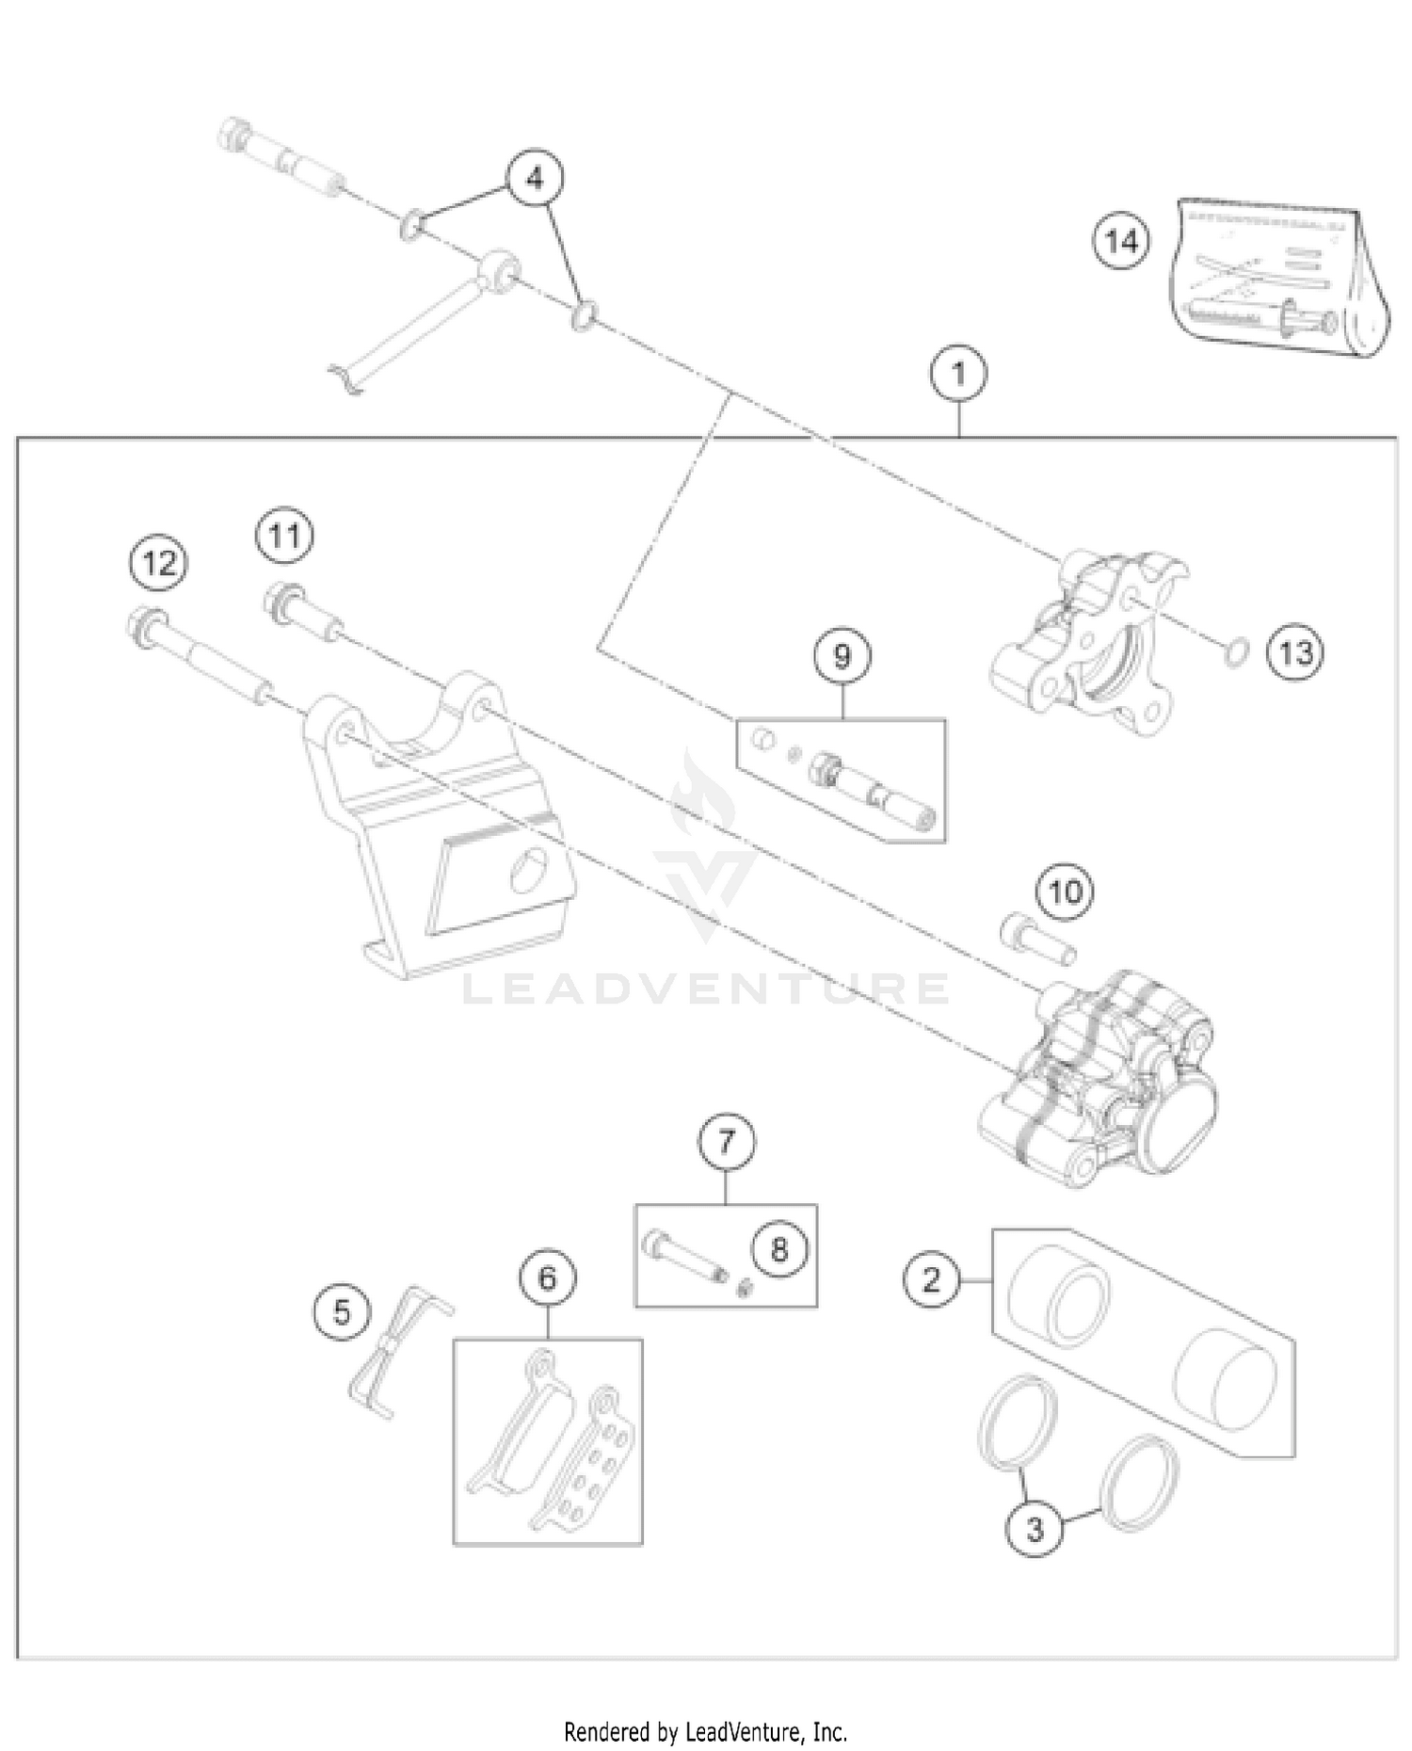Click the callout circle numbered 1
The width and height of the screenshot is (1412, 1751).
958,374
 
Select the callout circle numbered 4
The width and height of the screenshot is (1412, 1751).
535,178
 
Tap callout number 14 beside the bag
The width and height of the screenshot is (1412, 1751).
1121,242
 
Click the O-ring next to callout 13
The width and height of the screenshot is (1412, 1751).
1236,651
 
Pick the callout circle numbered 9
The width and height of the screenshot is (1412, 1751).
842,655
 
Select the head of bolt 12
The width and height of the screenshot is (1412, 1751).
145,624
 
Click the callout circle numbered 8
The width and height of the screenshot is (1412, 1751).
778,1250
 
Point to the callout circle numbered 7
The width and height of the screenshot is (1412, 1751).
726,1141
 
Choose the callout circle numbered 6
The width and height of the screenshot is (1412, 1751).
547,1277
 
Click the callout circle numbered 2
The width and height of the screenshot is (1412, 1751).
931,1279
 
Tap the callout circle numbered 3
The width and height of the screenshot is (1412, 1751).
1034,1528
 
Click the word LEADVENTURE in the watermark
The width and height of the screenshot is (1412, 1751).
706,988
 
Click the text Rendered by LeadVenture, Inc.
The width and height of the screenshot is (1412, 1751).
705,1730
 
